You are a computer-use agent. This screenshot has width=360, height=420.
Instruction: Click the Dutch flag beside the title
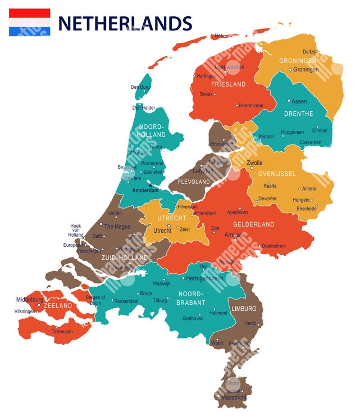click(x=29, y=22)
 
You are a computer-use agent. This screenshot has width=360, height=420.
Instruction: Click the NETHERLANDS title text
click(x=125, y=24)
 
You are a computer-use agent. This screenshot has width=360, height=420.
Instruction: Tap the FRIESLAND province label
click(x=228, y=84)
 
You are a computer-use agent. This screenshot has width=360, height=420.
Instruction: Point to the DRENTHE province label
click(x=299, y=114)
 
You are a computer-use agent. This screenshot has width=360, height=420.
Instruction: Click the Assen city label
click(x=299, y=101)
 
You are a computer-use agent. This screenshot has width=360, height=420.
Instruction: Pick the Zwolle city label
click(x=254, y=163)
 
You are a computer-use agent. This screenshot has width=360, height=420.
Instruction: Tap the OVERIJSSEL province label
click(x=277, y=174)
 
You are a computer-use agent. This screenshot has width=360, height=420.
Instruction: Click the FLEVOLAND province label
click(x=194, y=182)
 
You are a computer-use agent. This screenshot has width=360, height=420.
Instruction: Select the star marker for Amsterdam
click(x=150, y=184)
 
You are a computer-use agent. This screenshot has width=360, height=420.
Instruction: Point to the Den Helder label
click(x=144, y=107)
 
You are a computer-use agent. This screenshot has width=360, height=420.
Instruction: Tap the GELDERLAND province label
click(x=254, y=224)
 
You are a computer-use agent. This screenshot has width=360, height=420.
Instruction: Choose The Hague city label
click(x=117, y=227)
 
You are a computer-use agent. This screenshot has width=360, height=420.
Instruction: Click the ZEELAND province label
click(x=58, y=305)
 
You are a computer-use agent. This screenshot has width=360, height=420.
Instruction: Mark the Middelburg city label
click(x=30, y=300)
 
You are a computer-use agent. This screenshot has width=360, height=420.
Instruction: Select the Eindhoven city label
click(x=193, y=318)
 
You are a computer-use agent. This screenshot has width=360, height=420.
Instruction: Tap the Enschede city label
click(x=306, y=209)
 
